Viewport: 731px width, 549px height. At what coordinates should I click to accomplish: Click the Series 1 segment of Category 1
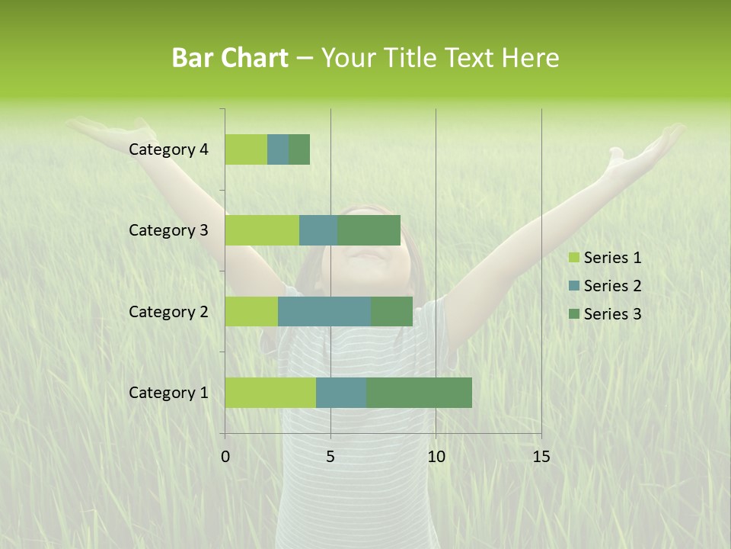(x=270, y=392)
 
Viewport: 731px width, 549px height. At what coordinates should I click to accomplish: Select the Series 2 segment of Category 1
(x=341, y=392)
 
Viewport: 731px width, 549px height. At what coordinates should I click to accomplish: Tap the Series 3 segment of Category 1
(x=419, y=392)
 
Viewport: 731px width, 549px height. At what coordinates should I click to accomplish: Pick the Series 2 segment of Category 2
(x=324, y=311)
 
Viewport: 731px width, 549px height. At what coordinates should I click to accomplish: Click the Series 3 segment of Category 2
(x=391, y=311)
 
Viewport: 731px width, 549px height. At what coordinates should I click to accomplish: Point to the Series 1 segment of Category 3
(x=262, y=230)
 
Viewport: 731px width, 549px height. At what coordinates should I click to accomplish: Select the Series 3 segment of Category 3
(x=369, y=230)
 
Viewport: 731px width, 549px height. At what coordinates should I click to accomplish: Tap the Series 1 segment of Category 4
(x=246, y=149)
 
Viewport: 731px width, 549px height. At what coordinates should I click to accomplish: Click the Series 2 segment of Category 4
(x=278, y=149)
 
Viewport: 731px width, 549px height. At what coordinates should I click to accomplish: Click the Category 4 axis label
(x=168, y=149)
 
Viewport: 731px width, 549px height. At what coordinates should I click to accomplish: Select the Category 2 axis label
(x=168, y=311)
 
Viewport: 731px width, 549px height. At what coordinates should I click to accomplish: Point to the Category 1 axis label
(x=168, y=393)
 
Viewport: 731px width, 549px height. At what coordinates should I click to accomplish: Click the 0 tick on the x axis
(x=225, y=457)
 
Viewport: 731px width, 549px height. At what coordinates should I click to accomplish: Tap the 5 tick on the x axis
(x=330, y=457)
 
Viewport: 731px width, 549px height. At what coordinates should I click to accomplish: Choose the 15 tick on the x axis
(x=541, y=457)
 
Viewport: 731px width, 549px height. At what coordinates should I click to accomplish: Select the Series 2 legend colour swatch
(x=573, y=286)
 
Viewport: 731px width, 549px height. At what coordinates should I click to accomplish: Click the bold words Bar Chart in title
(x=230, y=58)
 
